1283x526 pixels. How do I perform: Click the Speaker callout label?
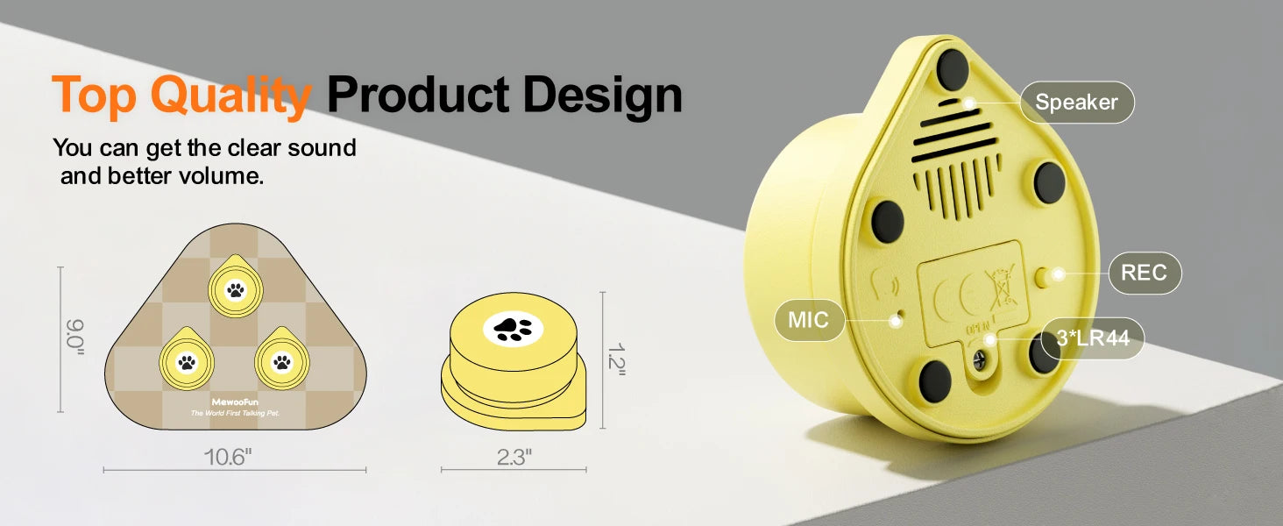pyautogui.click(x=1077, y=102)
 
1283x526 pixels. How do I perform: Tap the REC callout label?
pyautogui.click(x=1145, y=273)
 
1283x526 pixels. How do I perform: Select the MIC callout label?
pyautogui.click(x=809, y=320)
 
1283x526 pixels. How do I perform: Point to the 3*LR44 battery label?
pyautogui.click(x=1093, y=338)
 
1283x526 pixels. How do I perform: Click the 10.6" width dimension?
pyautogui.click(x=228, y=458)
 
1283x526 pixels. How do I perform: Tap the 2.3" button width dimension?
pyautogui.click(x=514, y=458)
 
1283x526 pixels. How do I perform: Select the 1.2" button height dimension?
pyautogui.click(x=616, y=359)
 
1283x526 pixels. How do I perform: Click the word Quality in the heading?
pyautogui.click(x=231, y=96)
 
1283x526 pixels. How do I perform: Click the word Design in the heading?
pyautogui.click(x=603, y=96)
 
